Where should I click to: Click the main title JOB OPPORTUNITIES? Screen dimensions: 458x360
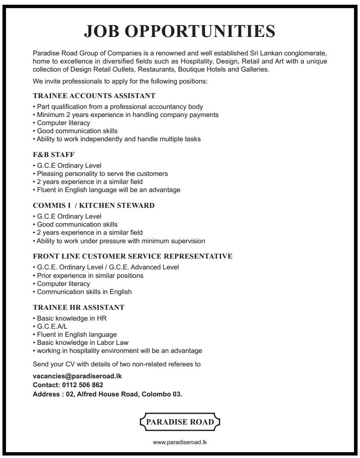click(x=180, y=31)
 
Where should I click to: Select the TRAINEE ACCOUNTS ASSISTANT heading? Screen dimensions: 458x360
click(x=94, y=95)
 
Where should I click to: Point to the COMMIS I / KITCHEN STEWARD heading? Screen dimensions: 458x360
click(x=94, y=206)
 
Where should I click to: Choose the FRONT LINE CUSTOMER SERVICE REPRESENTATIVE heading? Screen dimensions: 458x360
click(x=133, y=256)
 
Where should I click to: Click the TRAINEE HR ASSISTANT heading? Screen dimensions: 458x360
click(x=79, y=308)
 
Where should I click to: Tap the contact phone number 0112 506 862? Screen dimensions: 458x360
click(x=83, y=385)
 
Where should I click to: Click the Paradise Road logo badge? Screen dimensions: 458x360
click(x=180, y=422)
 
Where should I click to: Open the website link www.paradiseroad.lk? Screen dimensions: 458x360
click(x=180, y=443)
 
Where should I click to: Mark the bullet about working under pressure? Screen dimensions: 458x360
click(x=119, y=241)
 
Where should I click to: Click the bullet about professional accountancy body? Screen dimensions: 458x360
click(x=118, y=106)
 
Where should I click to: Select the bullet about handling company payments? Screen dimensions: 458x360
click(x=126, y=115)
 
